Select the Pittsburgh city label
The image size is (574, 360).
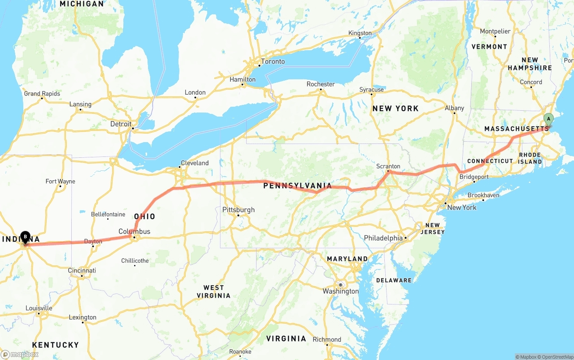click(239, 210)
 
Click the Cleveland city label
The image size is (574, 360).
click(195, 163)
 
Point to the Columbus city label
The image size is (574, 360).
click(135, 232)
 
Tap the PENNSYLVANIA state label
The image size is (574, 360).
click(297, 186)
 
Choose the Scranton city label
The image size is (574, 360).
click(388, 166)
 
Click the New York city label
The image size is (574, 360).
click(462, 208)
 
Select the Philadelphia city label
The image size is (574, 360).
click(383, 238)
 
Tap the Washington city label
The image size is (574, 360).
click(341, 291)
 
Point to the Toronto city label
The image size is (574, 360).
click(273, 61)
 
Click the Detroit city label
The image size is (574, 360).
click(121, 124)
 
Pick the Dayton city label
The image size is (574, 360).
click(93, 242)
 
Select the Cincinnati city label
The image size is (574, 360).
click(82, 271)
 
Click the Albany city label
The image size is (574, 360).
click(454, 108)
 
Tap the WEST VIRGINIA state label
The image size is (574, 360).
click(213, 291)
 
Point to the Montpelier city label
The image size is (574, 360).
click(495, 31)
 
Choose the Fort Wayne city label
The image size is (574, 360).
click(60, 182)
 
